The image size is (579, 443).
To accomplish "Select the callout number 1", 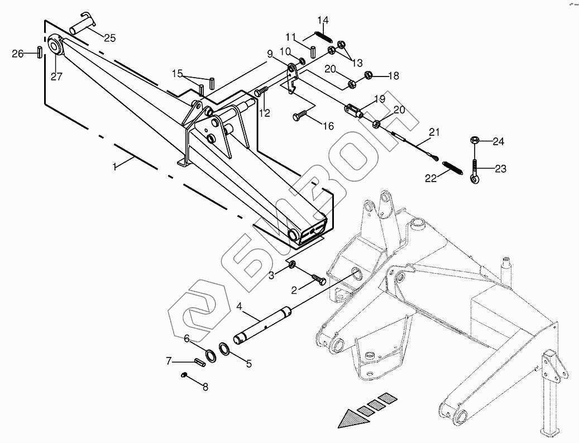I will coord(116,166).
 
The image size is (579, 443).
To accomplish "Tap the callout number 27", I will coord(56,77).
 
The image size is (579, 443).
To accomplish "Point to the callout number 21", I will coord(434,132).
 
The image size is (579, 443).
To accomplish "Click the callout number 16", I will coord(328,127).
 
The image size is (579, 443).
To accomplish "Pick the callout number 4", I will coord(238,307).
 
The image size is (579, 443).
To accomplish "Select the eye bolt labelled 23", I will coord(474,171).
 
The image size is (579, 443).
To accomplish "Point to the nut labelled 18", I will coord(369,75).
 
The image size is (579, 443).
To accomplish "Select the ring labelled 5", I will coord(225,349).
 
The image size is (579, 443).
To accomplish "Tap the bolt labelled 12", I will coord(262,91).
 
